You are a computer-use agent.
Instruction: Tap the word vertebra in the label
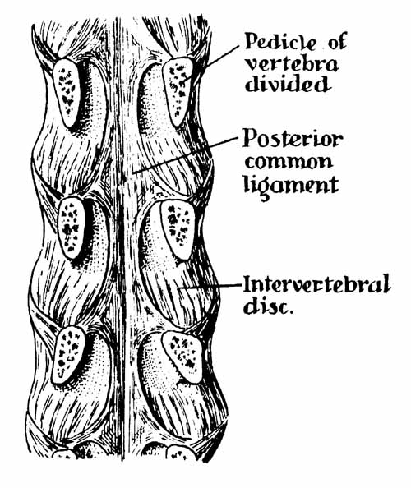click(x=292, y=65)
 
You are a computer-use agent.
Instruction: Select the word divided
click(x=286, y=83)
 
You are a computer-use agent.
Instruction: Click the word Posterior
click(x=293, y=138)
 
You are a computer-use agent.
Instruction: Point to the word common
click(x=289, y=162)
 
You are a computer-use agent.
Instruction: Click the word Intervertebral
click(x=316, y=283)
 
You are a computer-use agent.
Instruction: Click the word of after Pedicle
click(x=336, y=43)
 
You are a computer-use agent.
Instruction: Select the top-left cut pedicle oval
click(x=66, y=93)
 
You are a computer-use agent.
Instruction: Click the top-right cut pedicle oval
click(x=178, y=91)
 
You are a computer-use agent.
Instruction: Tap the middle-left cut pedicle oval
click(x=72, y=228)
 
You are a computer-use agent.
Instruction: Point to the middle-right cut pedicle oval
click(x=178, y=228)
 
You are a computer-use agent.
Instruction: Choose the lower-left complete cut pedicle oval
click(x=68, y=354)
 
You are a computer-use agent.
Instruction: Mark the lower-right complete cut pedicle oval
click(x=183, y=356)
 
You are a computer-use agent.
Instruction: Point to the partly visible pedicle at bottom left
click(x=64, y=453)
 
